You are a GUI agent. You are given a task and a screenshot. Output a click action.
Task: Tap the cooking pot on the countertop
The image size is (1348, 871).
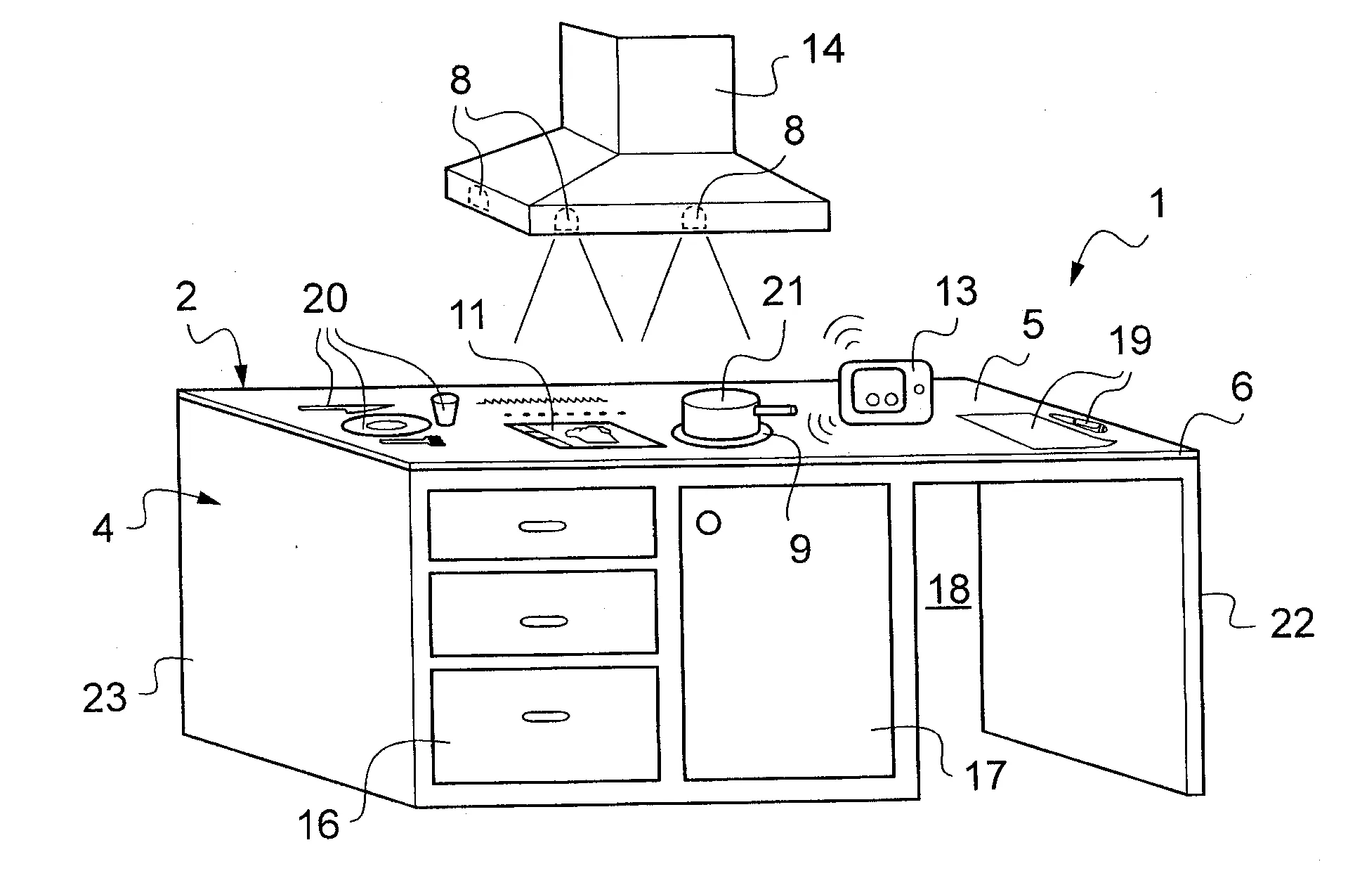pos(720,417)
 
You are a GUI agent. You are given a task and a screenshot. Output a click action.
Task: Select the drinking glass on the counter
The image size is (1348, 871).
pos(444,409)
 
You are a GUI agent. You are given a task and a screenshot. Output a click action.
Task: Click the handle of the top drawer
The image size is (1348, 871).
pos(542,527)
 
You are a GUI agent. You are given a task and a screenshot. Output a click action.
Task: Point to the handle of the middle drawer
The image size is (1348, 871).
pos(544,621)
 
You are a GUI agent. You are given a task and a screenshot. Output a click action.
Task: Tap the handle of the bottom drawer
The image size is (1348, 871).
pos(547,716)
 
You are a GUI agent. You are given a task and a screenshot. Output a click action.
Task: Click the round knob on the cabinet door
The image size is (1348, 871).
pos(708,523)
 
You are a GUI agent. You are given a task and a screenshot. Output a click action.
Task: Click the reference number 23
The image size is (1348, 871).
pos(105,697)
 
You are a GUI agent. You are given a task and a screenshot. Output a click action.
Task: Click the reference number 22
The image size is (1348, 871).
pos(1292,623)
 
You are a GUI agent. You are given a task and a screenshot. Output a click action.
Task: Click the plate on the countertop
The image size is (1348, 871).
pos(385,425)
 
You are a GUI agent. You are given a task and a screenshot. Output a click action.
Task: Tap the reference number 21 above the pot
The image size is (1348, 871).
pos(783,292)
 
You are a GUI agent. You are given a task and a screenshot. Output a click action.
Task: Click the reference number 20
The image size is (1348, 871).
pos(325,298)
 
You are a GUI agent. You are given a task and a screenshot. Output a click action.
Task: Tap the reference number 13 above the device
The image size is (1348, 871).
pos(955,290)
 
